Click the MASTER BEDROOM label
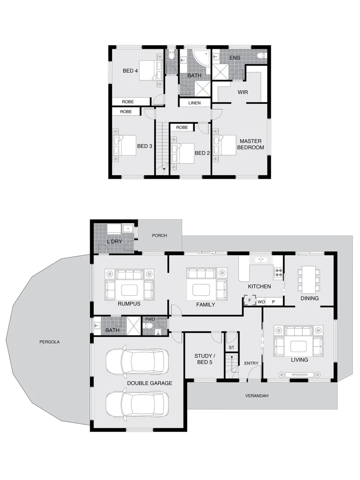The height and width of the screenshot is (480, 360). click(x=250, y=144)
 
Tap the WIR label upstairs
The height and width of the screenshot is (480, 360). click(x=243, y=92)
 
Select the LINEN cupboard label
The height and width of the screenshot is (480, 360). click(x=195, y=103)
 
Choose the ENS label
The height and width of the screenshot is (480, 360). click(x=234, y=58)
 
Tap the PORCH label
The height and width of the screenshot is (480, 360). click(x=160, y=236)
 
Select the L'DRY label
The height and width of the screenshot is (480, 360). click(x=114, y=241)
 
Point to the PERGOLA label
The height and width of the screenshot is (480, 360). click(x=49, y=342)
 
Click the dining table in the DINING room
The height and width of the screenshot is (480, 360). click(x=309, y=277)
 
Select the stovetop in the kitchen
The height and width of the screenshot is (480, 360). click(x=278, y=272)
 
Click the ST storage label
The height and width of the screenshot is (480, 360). click(x=231, y=347)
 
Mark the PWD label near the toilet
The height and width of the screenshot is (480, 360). click(x=149, y=319)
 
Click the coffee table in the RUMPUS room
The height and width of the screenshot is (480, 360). click(x=129, y=290)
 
